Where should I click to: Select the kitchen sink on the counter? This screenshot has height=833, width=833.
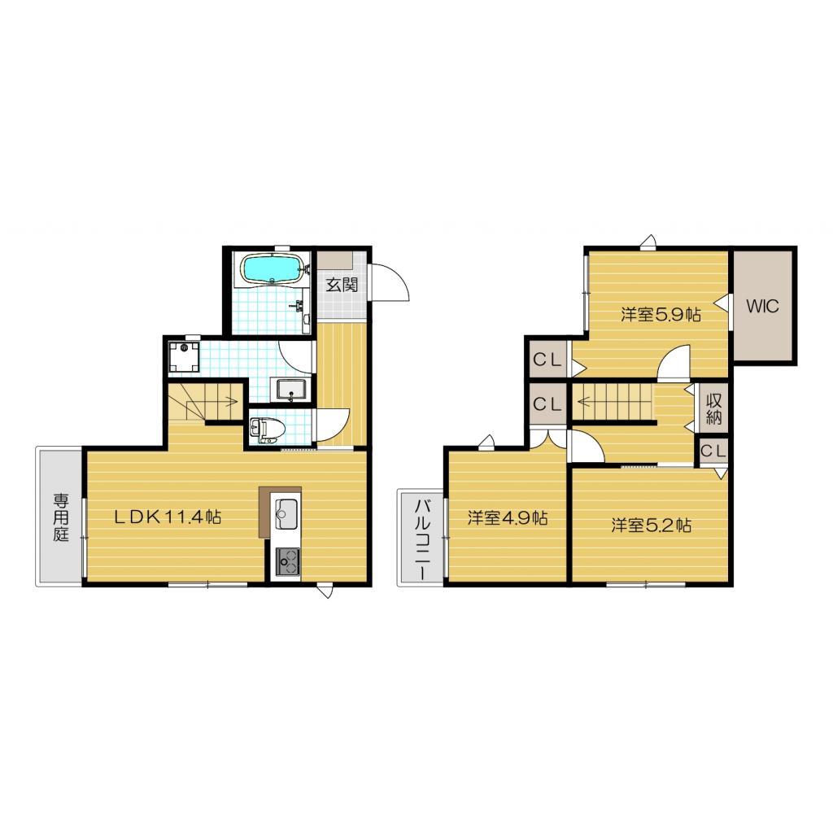click(286, 512)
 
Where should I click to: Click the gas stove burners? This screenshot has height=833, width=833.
click(286, 558)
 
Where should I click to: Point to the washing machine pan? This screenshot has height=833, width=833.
click(185, 356)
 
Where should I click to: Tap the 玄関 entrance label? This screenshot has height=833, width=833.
click(342, 286)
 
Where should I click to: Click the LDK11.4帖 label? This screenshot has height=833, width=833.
click(168, 516)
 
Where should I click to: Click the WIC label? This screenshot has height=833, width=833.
click(763, 307)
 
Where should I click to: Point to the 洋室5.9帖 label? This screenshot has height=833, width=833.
click(661, 315)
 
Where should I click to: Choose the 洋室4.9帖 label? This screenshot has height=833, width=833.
click(507, 518)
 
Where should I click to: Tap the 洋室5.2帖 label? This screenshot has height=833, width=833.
click(652, 526)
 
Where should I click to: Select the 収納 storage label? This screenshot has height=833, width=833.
click(714, 408)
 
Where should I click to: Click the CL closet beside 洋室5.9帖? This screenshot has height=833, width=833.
click(547, 360)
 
